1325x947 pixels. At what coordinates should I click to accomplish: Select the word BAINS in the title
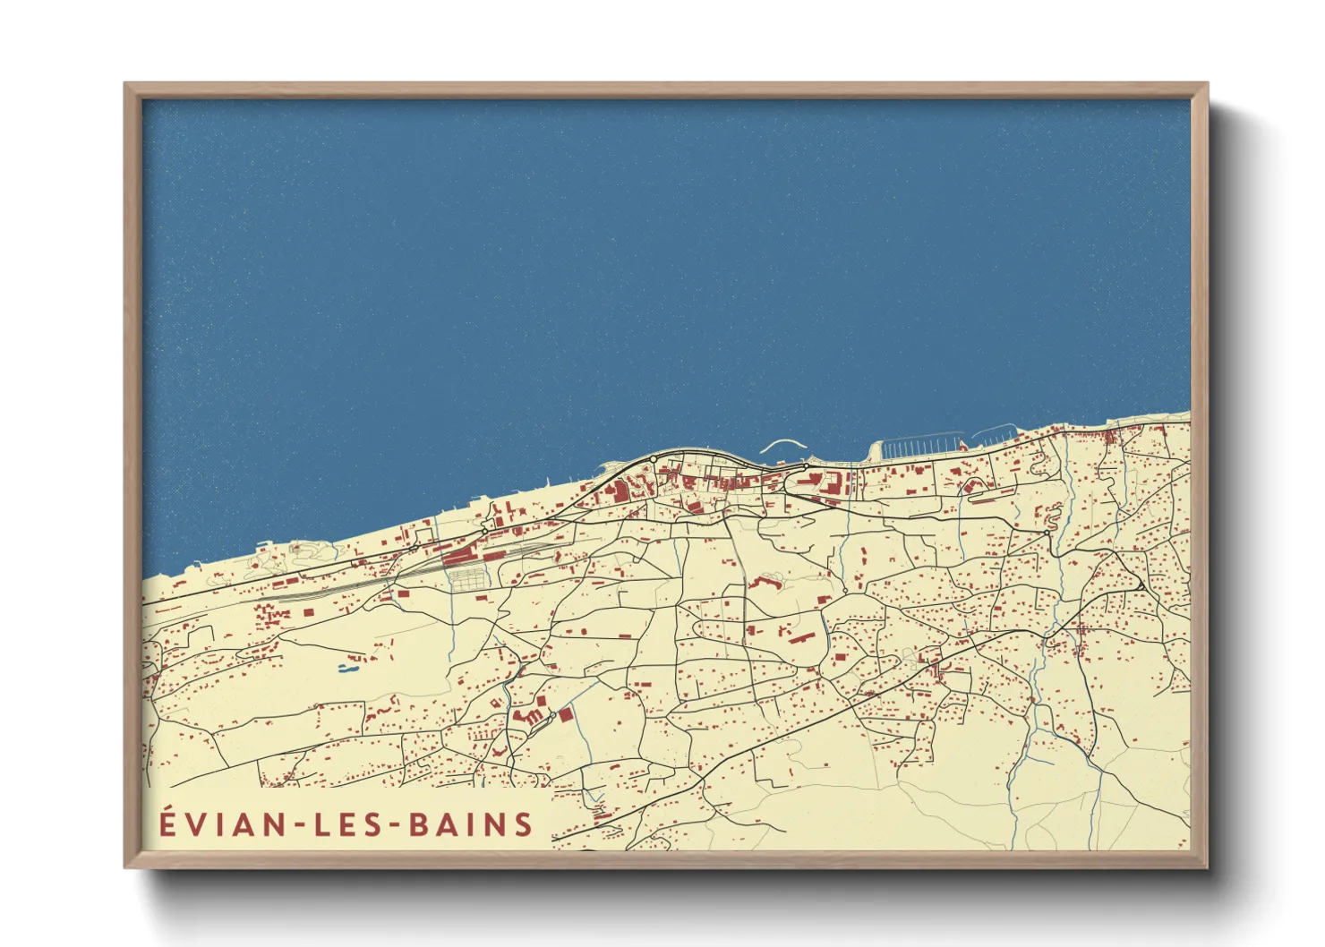(x=471, y=824)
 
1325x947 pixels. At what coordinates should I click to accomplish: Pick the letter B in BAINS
(x=418, y=824)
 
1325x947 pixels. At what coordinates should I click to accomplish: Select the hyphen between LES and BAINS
(x=397, y=825)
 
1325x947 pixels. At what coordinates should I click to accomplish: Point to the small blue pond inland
(x=347, y=667)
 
